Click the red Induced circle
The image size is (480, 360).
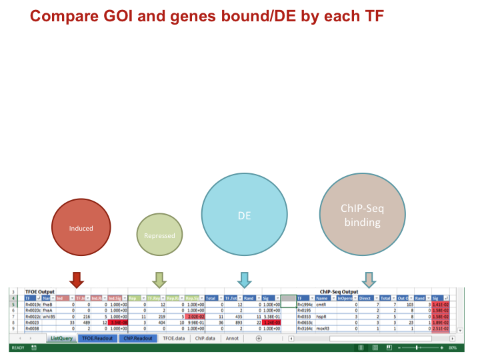click(x=81, y=228)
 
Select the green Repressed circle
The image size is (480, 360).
click(x=159, y=235)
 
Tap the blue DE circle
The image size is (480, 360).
click(x=244, y=216)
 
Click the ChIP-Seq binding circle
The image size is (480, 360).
click(x=362, y=215)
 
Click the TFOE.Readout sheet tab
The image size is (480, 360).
click(x=97, y=338)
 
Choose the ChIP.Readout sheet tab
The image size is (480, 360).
click(x=138, y=338)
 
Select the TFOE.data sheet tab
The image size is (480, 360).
click(x=175, y=338)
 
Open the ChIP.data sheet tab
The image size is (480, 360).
click(x=205, y=338)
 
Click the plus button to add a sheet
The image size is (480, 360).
click(x=259, y=338)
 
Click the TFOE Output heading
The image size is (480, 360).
click(x=39, y=292)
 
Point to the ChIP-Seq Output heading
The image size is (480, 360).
click(x=339, y=292)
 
